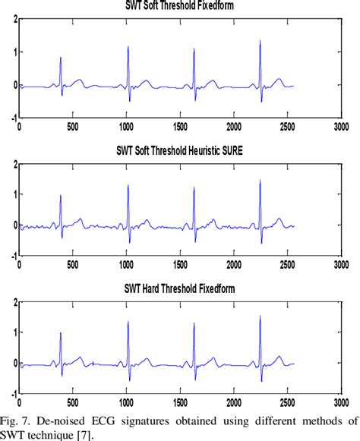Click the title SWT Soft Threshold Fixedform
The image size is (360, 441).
pos(178,7)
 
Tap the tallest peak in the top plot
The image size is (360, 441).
pos(260,41)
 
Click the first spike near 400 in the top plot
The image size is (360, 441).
pos(61,58)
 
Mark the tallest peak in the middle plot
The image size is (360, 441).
pos(260,180)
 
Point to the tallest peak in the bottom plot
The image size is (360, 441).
pos(260,317)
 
